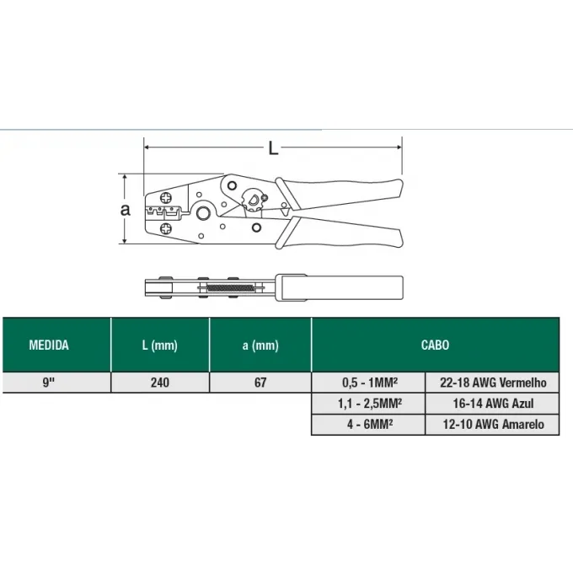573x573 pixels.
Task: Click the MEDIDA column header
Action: (49, 345)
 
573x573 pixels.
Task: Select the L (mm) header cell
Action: (160, 345)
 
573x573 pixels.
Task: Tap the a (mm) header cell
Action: (260, 345)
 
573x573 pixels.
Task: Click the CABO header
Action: (435, 345)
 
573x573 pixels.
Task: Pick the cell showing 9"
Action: (49, 383)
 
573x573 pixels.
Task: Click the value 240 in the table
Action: (160, 383)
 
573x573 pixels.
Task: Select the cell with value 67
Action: (260, 383)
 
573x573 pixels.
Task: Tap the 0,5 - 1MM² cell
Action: (369, 383)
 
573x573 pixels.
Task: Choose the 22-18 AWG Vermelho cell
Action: (493, 383)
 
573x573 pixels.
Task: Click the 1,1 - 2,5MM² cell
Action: (369, 404)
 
